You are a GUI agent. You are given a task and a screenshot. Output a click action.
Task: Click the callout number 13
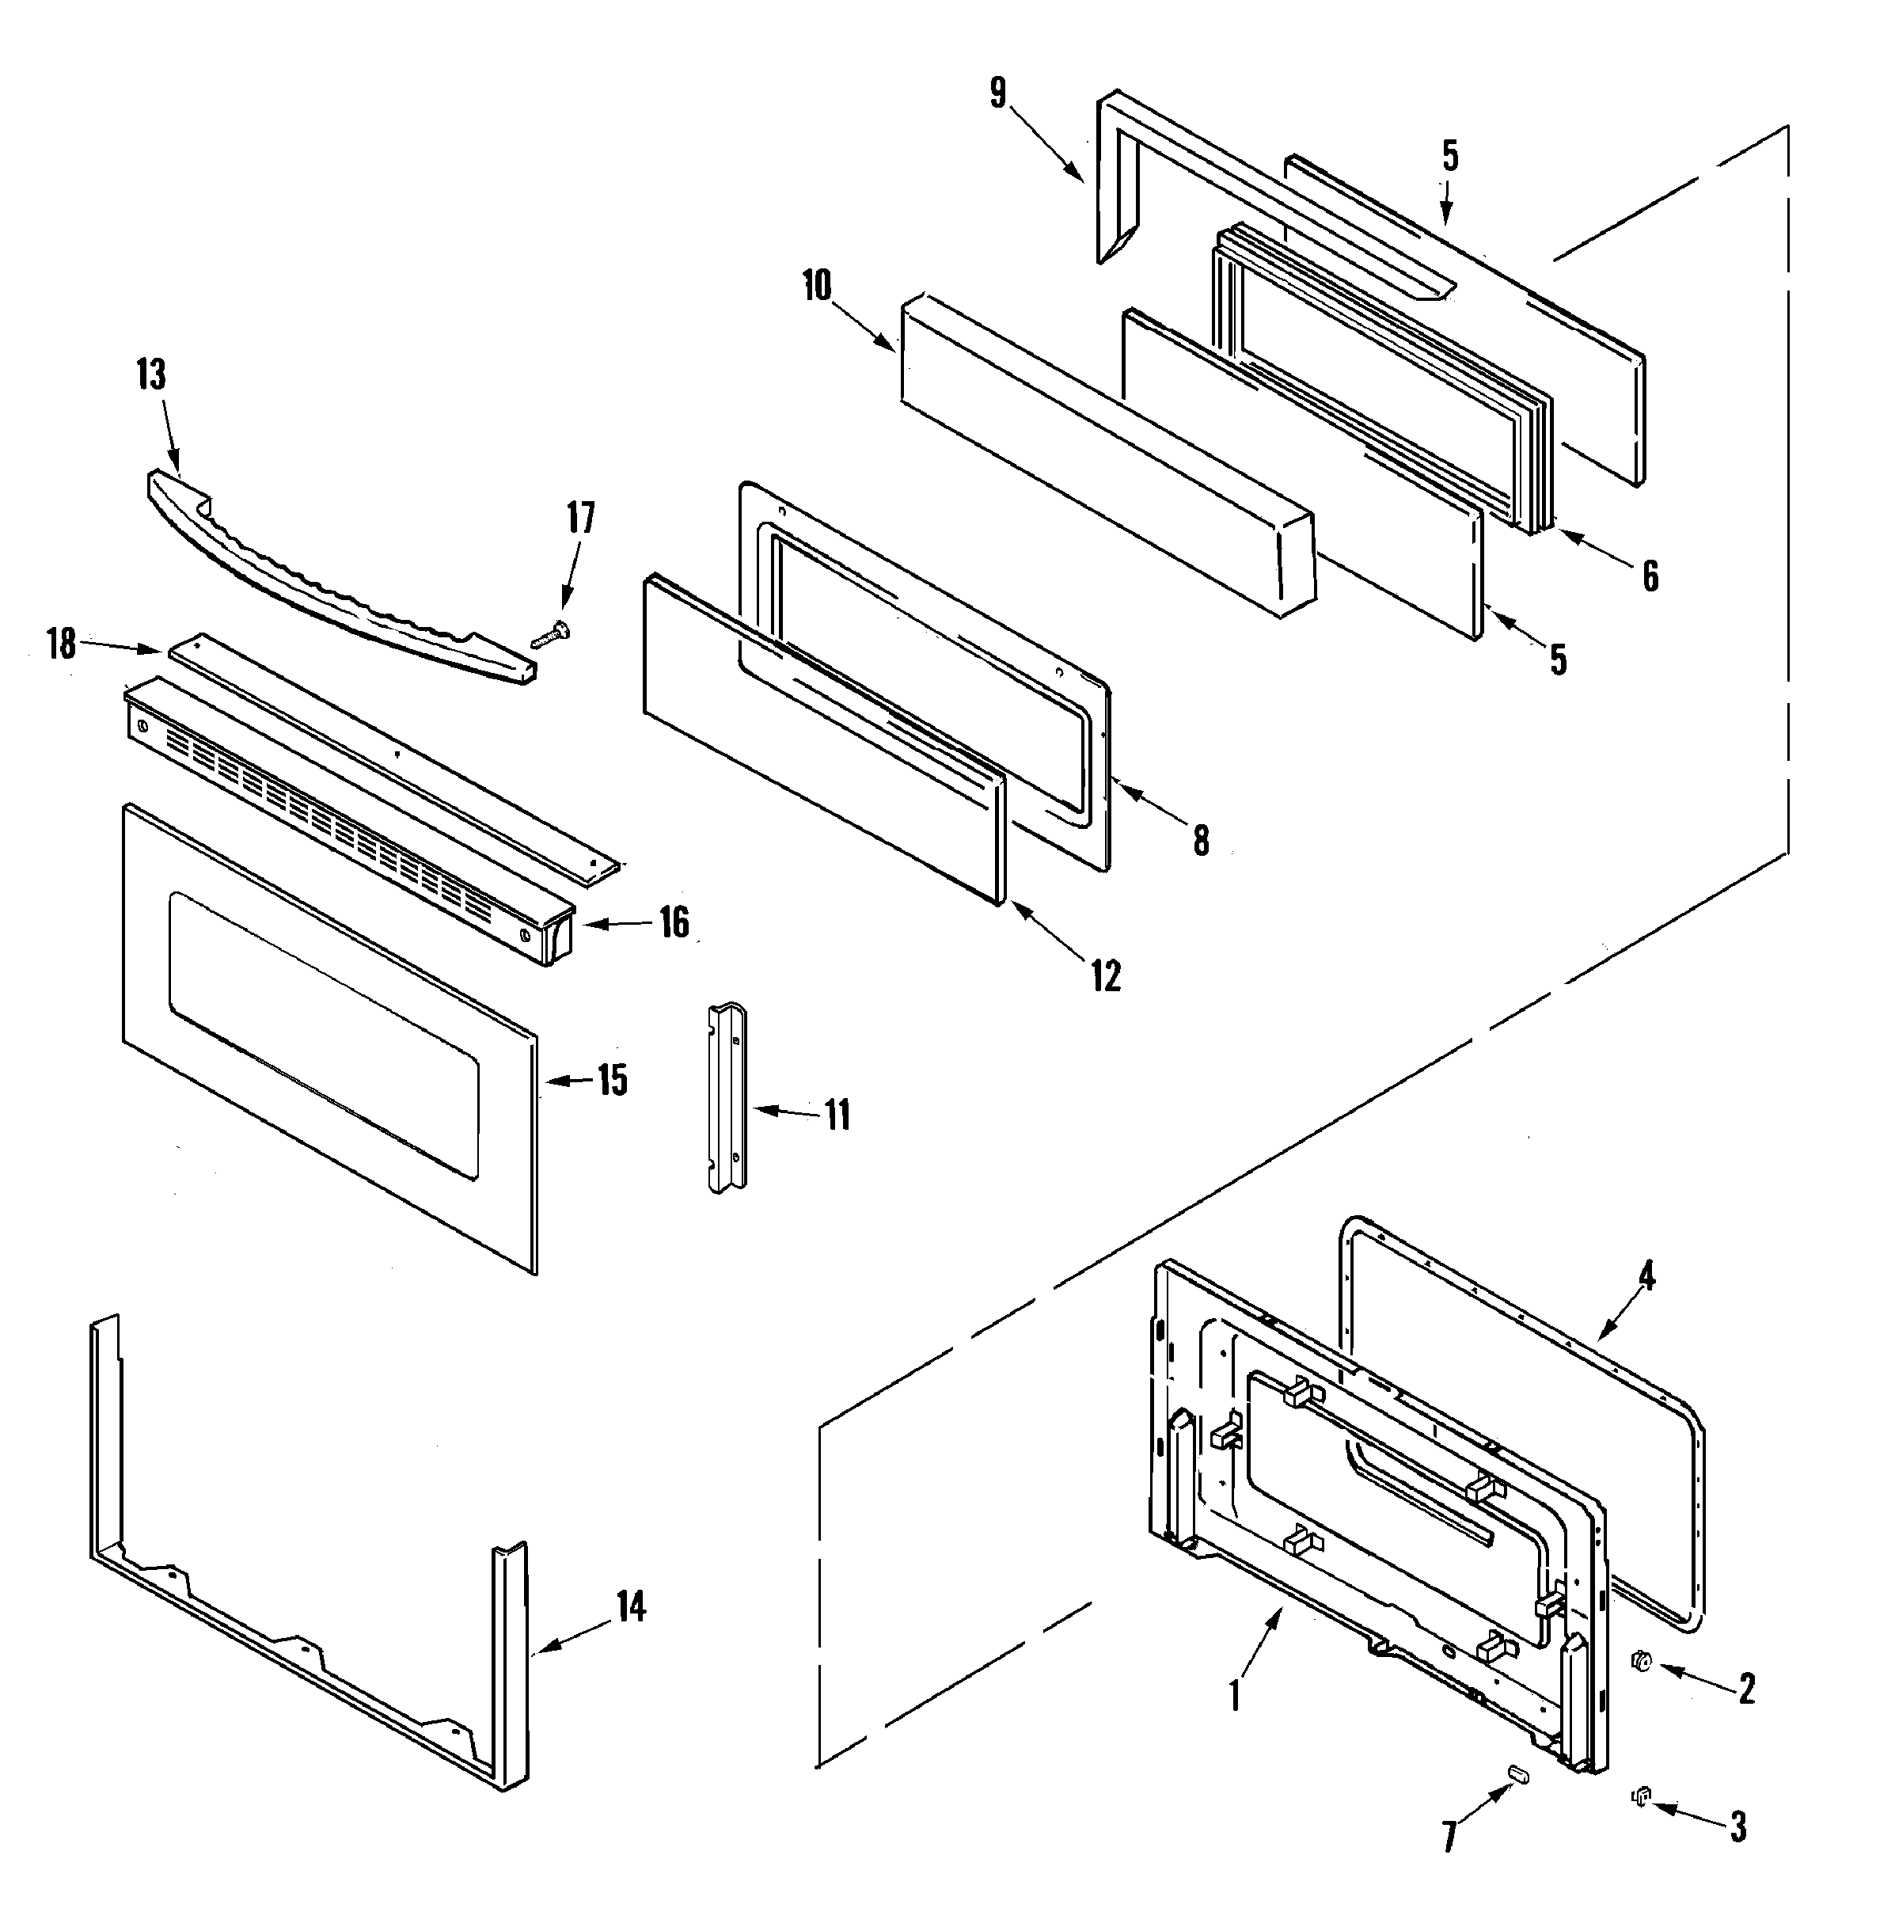coord(151,375)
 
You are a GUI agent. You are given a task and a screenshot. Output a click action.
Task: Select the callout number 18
coord(61,644)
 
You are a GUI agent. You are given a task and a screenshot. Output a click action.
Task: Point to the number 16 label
coord(674,922)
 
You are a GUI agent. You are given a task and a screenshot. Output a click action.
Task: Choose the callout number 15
coord(612,1081)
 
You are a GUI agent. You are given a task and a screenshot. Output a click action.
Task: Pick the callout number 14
coord(631,1607)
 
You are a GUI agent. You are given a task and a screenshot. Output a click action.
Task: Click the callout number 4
coord(1646,1277)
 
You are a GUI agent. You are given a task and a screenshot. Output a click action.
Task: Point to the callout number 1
coord(1234,1696)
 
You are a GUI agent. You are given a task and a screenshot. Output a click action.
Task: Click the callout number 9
coord(998,93)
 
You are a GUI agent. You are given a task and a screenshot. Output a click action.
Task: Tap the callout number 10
coord(818,287)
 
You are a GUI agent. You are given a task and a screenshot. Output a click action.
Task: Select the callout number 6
coord(1650,576)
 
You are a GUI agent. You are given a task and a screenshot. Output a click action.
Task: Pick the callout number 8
coord(1201,841)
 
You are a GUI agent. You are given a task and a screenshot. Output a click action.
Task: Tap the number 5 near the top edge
coord(1449,156)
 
